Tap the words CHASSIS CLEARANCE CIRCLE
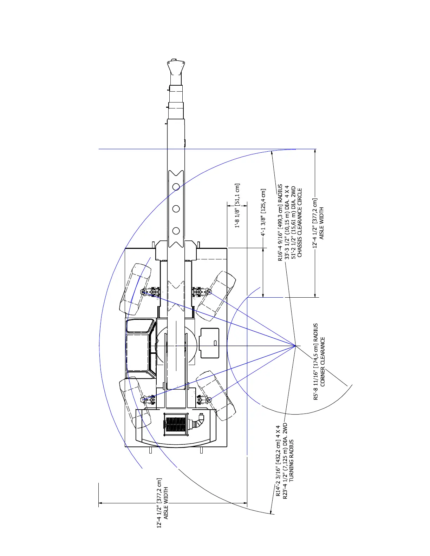[x=300, y=223]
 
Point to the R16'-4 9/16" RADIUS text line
[x=280, y=223]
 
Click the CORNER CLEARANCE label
[x=323, y=362]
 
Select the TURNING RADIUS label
[x=291, y=460]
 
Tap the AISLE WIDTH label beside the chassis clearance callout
[x=322, y=223]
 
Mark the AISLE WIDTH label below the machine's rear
[x=166, y=503]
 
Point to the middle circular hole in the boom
[x=176, y=209]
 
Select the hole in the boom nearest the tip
[x=176, y=187]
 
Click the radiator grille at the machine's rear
[x=176, y=424]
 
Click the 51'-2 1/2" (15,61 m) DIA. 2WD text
[x=293, y=223]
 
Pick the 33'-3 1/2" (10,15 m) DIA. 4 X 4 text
[x=287, y=223]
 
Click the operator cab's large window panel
[x=137, y=352]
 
